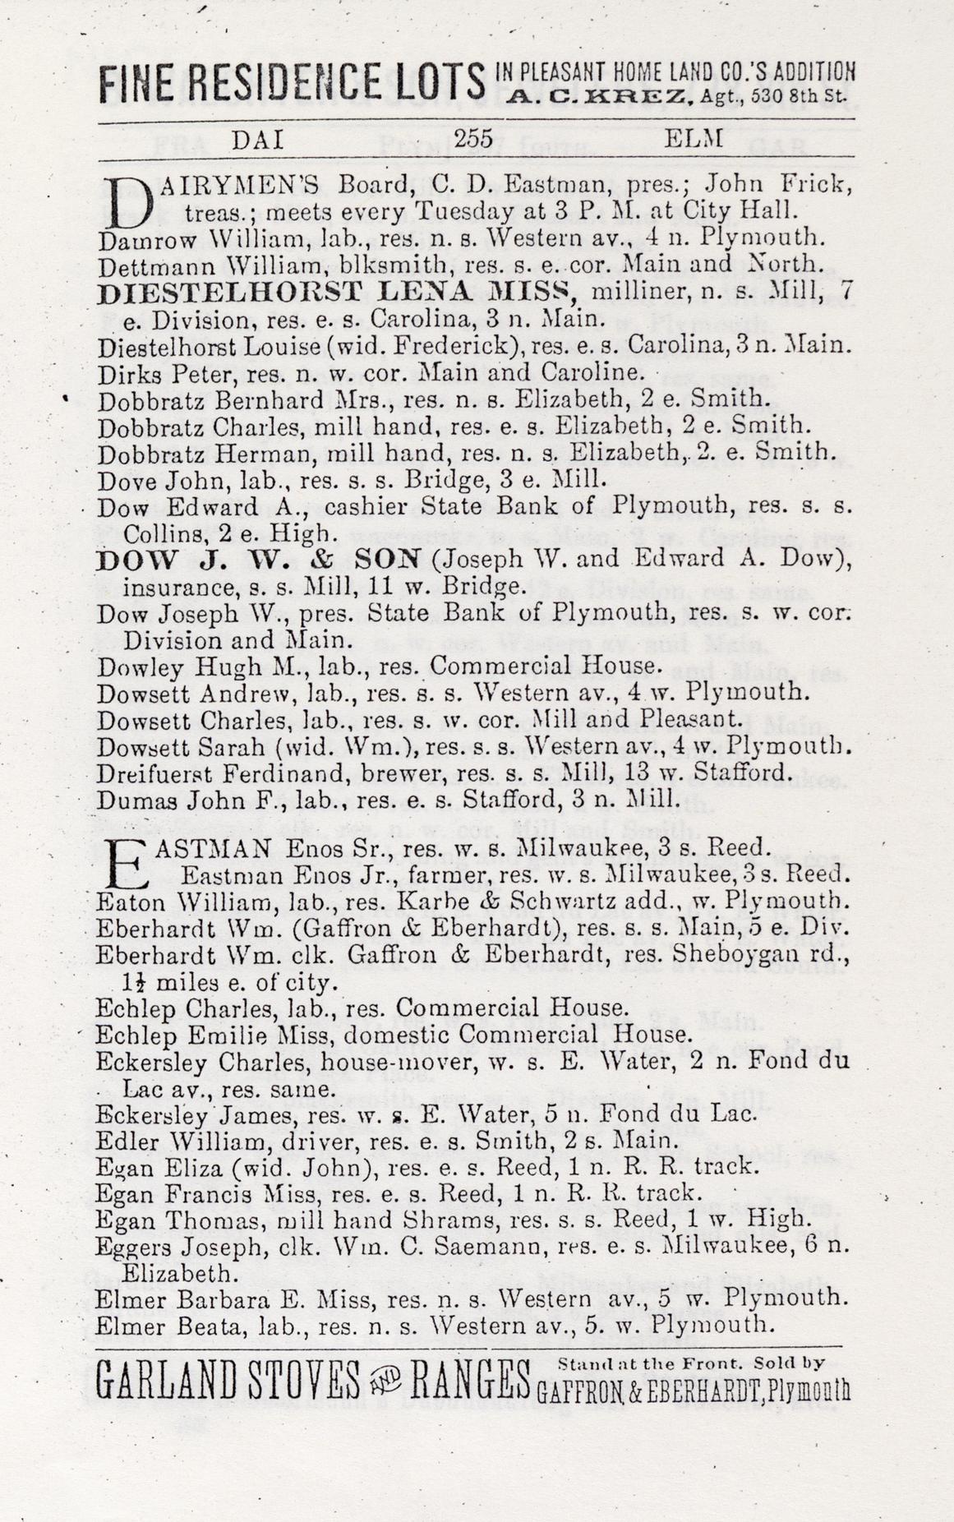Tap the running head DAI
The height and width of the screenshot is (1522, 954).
(x=259, y=141)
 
